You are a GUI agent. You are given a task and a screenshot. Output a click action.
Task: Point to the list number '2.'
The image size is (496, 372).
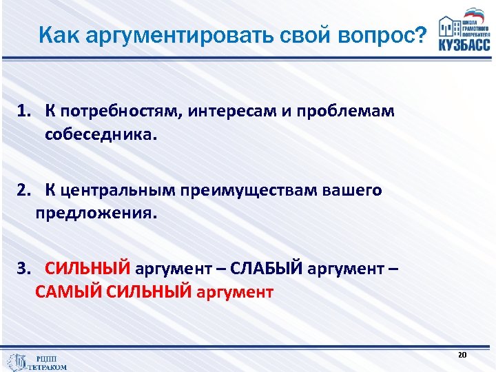pyautogui.click(x=26, y=190)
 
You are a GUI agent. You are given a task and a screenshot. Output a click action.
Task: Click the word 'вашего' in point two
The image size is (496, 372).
pyautogui.click(x=351, y=190)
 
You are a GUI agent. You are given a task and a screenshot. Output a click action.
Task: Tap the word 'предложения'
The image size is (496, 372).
pyautogui.click(x=95, y=214)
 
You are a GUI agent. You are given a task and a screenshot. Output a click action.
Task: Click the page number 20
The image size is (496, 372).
pyautogui.click(x=462, y=354)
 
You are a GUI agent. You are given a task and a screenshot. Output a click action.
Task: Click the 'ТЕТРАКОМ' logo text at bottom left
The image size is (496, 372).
pyautogui.click(x=47, y=367)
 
